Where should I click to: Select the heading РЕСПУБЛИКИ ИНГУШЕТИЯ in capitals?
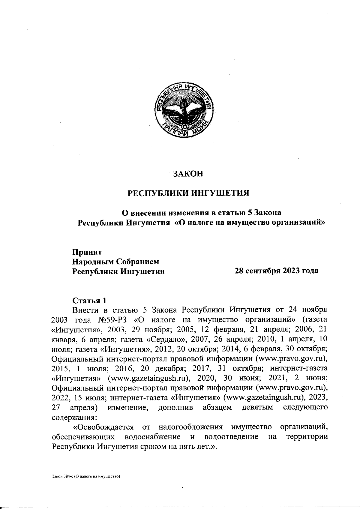click(189, 192)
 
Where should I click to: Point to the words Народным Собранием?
click(115, 261)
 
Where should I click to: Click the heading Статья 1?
click(89, 300)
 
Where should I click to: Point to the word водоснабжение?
click(152, 436)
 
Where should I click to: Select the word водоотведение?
click(230, 436)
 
